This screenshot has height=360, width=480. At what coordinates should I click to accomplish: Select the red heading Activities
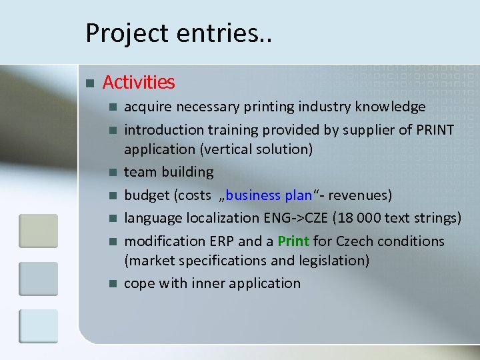coord(139,83)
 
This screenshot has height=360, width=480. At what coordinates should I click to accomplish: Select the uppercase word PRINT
coord(434,129)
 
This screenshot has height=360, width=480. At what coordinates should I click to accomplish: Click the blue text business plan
coord(269,195)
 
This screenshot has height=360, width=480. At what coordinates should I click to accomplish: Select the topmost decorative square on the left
coord(38,231)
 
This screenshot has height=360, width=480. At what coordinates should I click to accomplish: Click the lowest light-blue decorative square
coord(38,327)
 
